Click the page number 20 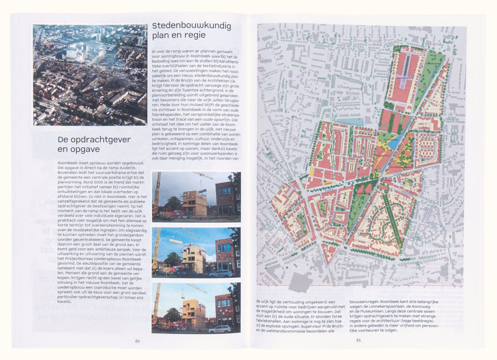click(137, 341)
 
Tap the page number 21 click(359, 340)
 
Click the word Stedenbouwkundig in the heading click(191, 26)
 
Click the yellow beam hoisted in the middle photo click(175, 241)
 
